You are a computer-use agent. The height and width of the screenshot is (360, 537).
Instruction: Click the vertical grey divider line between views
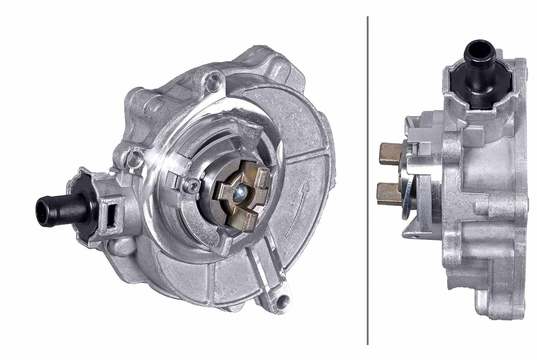click(x=368, y=179)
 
